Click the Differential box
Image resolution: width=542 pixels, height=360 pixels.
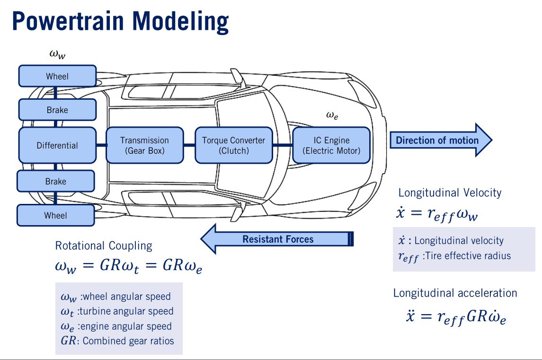[57, 146]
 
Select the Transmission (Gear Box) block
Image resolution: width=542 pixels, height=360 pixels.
[144, 146]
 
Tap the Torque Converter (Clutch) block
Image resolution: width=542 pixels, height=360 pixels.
[234, 146]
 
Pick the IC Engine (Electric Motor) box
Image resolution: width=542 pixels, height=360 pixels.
[331, 146]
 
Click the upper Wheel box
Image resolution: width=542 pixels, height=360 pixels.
[57, 76]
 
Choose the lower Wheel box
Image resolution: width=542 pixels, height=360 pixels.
[55, 215]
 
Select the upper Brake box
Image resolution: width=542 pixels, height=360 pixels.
[57, 110]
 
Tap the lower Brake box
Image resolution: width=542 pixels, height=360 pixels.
[55, 181]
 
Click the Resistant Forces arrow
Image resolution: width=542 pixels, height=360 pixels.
[277, 239]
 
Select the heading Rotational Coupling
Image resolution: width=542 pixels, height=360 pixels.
[104, 246]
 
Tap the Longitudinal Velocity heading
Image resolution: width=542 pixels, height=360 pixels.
[450, 193]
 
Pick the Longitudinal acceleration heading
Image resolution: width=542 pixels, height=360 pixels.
[455, 293]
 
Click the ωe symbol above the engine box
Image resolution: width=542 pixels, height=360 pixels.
[332, 114]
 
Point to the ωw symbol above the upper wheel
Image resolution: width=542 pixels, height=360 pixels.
[57, 54]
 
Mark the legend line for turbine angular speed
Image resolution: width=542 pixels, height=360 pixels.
[117, 311]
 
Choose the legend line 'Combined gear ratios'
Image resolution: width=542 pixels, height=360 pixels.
[117, 341]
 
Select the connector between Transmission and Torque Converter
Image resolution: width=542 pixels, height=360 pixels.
[189, 145]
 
